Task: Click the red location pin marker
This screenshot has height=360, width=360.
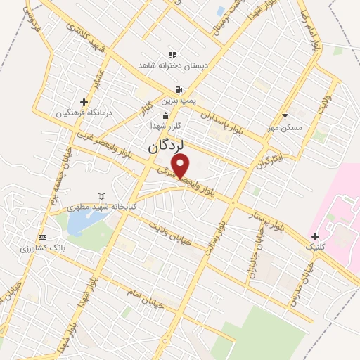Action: (181, 166)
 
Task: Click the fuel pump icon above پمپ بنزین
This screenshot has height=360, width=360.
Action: (179, 89)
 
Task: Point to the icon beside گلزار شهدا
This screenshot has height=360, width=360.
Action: (165, 116)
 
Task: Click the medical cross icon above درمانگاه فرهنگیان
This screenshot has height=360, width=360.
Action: (84, 102)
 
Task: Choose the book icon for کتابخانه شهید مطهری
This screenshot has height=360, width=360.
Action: (102, 196)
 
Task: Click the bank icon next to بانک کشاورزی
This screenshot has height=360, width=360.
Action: (43, 237)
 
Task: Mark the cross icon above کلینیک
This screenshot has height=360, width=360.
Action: (315, 236)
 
